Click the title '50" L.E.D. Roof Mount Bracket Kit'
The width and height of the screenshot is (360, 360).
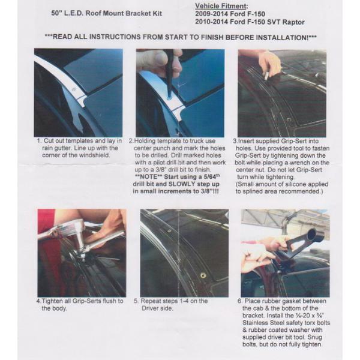pos(107,13)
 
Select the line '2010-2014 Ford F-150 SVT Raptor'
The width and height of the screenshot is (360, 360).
pos(250,22)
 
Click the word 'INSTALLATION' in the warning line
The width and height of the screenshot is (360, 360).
pos(282,37)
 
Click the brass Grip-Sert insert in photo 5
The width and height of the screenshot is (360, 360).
pos(203,275)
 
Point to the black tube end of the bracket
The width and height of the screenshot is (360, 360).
pos(313,235)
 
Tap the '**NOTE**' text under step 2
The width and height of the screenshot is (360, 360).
pos(148,177)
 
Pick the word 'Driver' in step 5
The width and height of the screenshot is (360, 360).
pos(149,308)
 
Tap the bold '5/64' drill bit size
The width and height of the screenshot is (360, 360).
pos(211,177)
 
